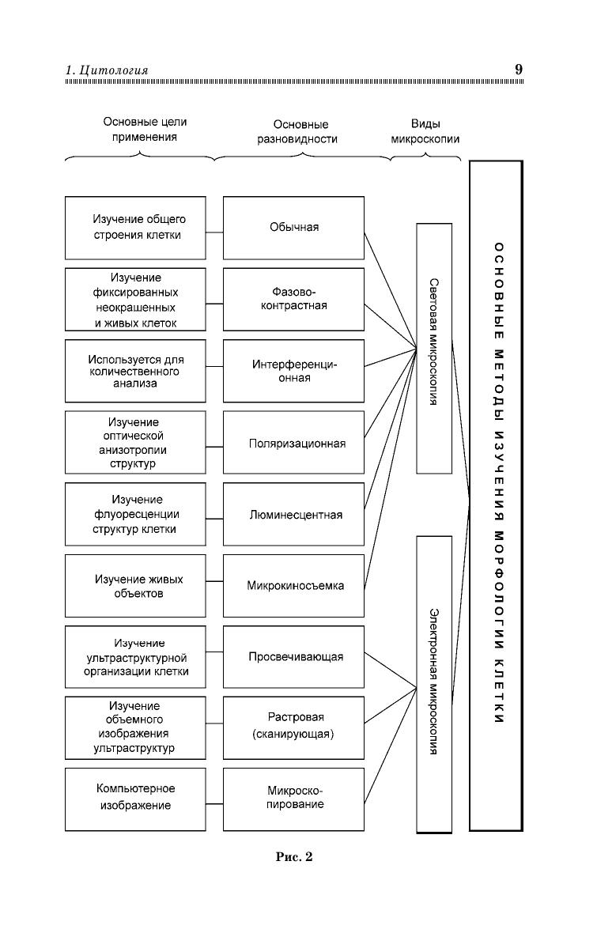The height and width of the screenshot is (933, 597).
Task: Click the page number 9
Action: pyautogui.click(x=518, y=70)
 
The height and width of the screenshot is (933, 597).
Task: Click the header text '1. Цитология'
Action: pyautogui.click(x=107, y=71)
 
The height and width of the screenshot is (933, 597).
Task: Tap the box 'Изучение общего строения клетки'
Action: pyautogui.click(x=135, y=228)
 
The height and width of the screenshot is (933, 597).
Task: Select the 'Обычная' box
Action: pyautogui.click(x=293, y=228)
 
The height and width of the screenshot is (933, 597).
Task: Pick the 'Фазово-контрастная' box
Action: pyautogui.click(x=293, y=299)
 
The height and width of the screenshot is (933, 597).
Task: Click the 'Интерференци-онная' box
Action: pyautogui.click(x=293, y=371)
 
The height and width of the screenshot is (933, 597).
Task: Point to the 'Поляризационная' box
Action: pyautogui.click(x=293, y=443)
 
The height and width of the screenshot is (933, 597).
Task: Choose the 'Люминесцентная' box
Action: pyautogui.click(x=293, y=514)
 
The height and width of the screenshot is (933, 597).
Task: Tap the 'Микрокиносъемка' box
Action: pyautogui.click(x=293, y=586)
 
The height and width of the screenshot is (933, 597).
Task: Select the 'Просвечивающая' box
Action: pyautogui.click(x=293, y=657)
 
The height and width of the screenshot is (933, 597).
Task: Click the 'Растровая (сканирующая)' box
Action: pyautogui.click(x=293, y=727)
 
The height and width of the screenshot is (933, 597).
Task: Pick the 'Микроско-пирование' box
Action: pyautogui.click(x=293, y=799)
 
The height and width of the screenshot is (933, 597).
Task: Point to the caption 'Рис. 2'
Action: pyautogui.click(x=293, y=856)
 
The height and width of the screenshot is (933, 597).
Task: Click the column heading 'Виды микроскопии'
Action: pyautogui.click(x=425, y=131)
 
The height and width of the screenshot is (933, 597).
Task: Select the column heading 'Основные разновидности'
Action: pyautogui.click(x=300, y=131)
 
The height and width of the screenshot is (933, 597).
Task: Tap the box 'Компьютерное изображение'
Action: pyautogui.click(x=135, y=799)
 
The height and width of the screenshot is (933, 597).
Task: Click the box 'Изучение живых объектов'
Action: pyautogui.click(x=135, y=586)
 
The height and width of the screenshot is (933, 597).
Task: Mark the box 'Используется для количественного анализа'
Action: pyautogui.click(x=135, y=371)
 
